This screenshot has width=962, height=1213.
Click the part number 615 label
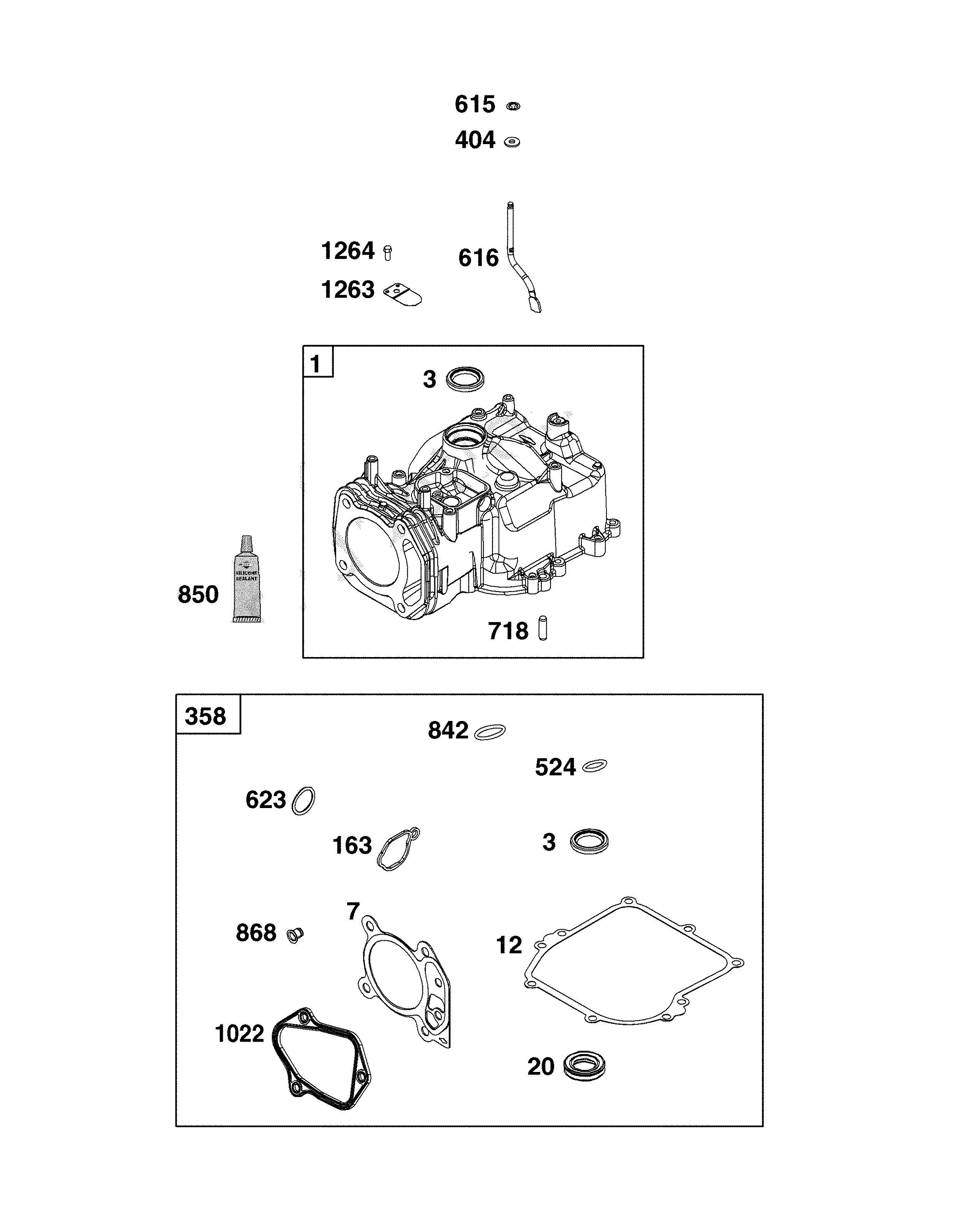click(x=474, y=105)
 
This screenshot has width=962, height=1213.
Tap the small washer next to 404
click(x=511, y=142)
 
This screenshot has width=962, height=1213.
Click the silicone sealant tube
click(x=246, y=580)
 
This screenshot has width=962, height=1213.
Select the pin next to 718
click(x=542, y=629)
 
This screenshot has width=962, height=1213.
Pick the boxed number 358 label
click(x=205, y=717)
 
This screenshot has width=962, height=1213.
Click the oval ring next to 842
click(x=489, y=731)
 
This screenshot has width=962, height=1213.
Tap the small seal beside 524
click(x=594, y=766)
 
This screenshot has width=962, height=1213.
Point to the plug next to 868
click(x=294, y=935)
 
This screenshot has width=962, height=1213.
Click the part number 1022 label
click(x=240, y=1034)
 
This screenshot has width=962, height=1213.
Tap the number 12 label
click(x=508, y=945)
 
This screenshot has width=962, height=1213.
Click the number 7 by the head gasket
click(x=353, y=911)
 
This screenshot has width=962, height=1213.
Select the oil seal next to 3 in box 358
click(x=589, y=841)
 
